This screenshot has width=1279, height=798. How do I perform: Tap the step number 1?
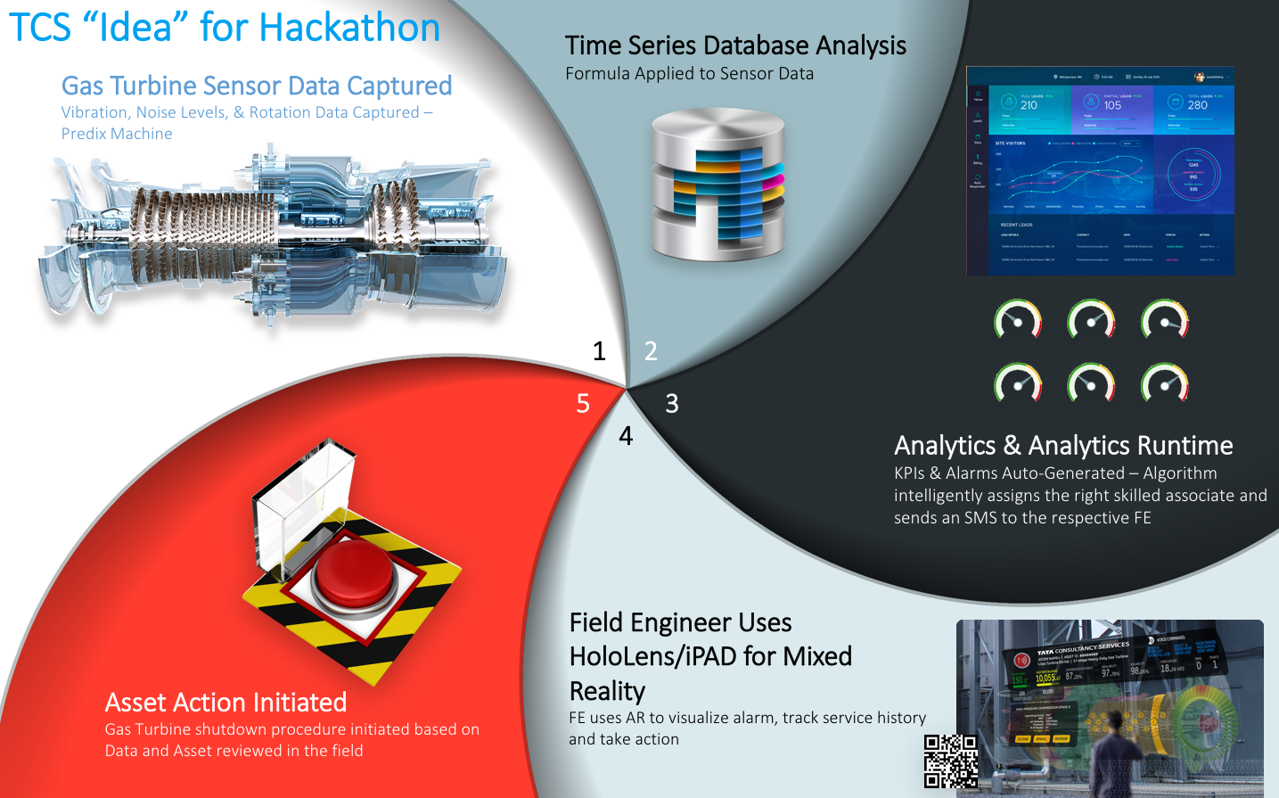point(599,351)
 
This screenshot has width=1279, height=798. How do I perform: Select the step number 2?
point(651,351)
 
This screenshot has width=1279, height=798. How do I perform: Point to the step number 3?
point(672,404)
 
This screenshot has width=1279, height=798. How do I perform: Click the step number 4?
point(626,436)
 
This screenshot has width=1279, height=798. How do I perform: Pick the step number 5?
point(583,404)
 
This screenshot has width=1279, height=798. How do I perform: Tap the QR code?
point(950,761)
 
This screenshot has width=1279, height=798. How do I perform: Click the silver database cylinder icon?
point(717,185)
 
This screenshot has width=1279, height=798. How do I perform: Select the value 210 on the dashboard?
point(1029,105)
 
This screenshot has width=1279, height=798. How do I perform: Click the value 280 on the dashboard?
point(1197,105)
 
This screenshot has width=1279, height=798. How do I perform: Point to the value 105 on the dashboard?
point(1112,105)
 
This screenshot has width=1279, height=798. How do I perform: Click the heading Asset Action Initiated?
point(225,703)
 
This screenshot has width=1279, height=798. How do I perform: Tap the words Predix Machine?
point(117,134)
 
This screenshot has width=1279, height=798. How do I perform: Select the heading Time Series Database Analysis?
point(735,45)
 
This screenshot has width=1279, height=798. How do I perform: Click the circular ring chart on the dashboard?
point(1193,175)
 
